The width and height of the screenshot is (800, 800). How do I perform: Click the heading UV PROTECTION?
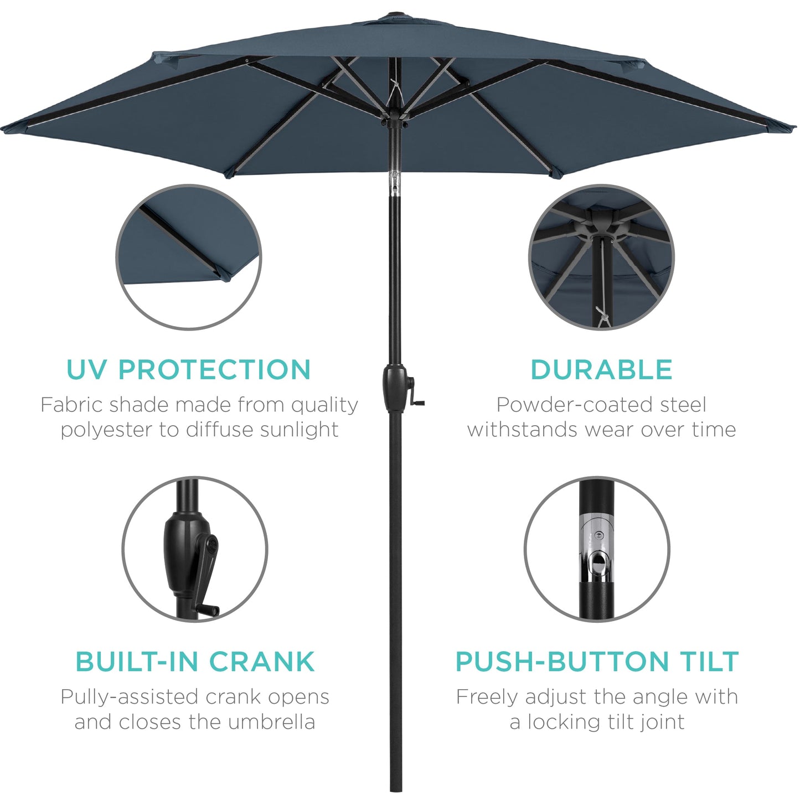[x=188, y=370]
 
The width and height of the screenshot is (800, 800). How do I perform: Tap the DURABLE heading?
[x=601, y=370]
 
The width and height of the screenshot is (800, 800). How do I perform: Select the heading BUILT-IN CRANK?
[x=195, y=662]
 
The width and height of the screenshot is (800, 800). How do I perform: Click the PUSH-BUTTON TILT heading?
[x=597, y=662]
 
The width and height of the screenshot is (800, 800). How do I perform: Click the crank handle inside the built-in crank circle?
[x=209, y=576]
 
